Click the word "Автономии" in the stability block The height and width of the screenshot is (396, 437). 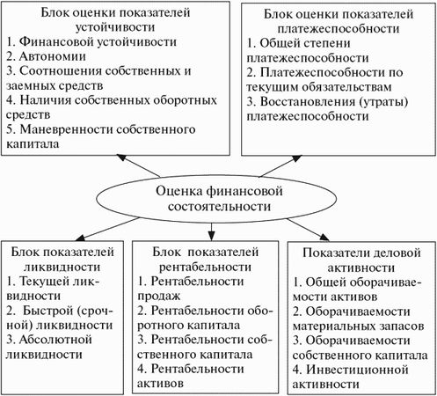[x=53, y=56]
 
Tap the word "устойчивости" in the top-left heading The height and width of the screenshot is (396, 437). [x=115, y=27]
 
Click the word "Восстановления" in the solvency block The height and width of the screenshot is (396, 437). [x=306, y=101]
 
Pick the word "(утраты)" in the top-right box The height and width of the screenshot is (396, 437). [x=382, y=102]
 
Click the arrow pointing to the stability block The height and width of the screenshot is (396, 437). [x=138, y=165]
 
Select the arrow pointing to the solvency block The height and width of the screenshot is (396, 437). [x=280, y=166]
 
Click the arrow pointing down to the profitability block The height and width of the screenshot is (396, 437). [x=211, y=232]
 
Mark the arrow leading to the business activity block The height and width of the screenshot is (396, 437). [x=309, y=230]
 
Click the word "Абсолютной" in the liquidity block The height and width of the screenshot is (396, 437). [x=55, y=340]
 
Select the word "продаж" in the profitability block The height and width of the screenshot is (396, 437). [x=159, y=297]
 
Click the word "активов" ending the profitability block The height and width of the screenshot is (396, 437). [x=160, y=384]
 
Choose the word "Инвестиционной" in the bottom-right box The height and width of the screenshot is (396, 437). [x=357, y=370]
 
